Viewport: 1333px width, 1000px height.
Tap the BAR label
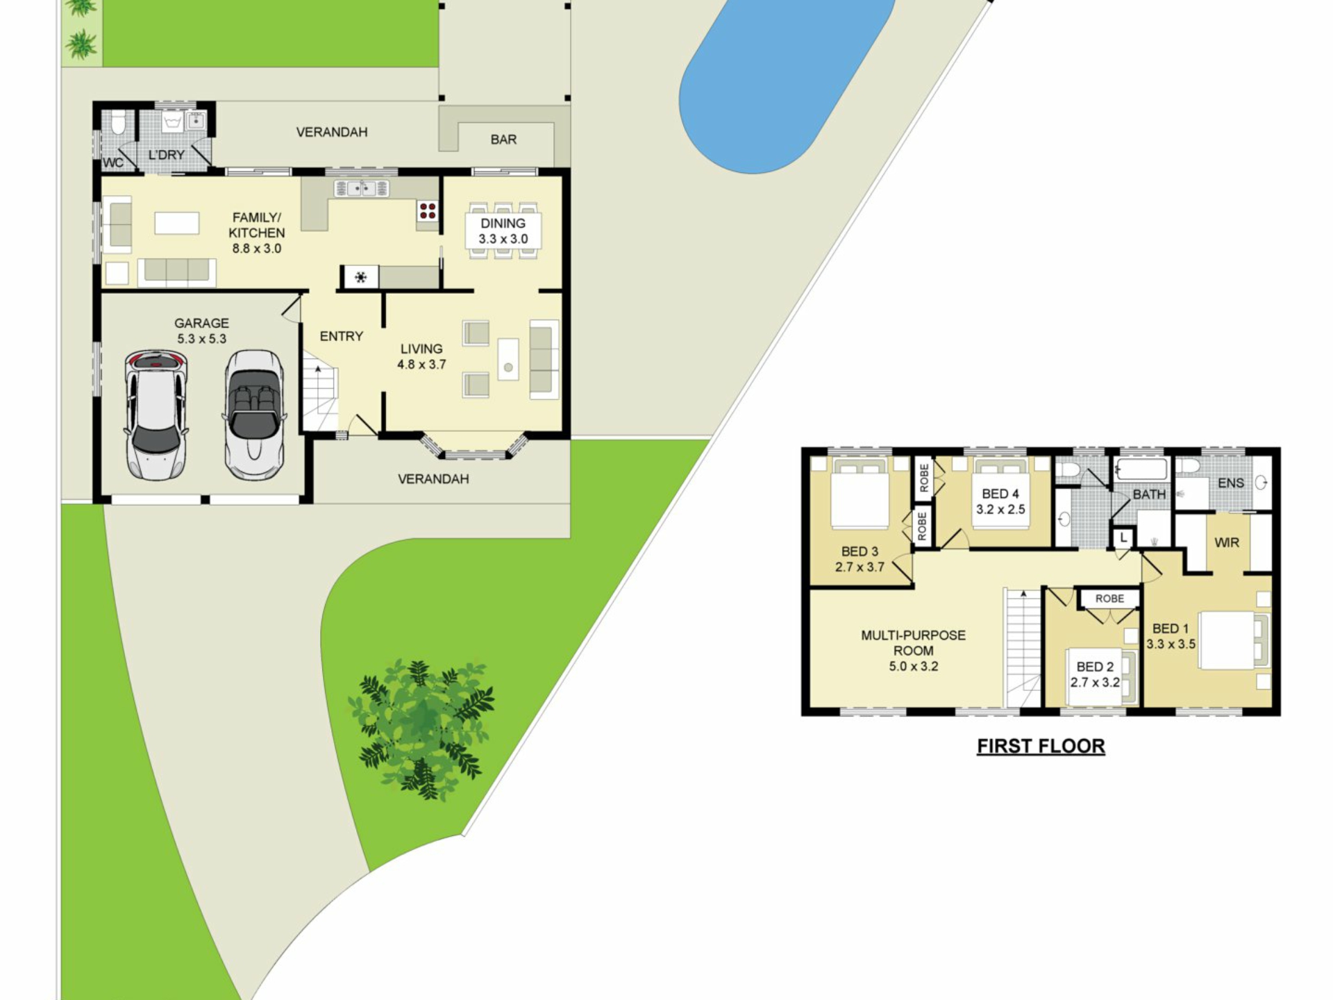pos(503,140)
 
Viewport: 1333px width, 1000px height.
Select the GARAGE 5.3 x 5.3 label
pos(201,331)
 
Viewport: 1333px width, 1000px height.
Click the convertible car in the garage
pos(254,415)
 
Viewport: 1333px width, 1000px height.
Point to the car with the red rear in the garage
pos(156,415)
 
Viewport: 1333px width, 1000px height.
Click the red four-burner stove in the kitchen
pos(428,210)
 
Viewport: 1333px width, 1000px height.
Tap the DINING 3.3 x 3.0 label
pos(503,231)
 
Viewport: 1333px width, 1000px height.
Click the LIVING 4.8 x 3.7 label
pos(421,356)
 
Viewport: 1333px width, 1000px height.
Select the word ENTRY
pos(342,336)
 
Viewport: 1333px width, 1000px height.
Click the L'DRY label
pos(167,155)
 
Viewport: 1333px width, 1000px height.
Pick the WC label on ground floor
pos(113,162)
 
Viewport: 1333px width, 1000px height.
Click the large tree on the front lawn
pos(421,729)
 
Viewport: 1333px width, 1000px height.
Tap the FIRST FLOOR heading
pos(1041,747)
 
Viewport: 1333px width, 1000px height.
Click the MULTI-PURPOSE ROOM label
pos(914,651)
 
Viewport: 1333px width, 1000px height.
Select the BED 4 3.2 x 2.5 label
pos(1000,501)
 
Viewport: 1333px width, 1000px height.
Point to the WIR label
pos(1227,542)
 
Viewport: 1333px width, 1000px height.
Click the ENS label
pos(1231,483)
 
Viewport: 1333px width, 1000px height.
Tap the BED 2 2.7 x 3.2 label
pos(1095,674)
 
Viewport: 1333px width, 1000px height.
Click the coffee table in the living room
pos(508,359)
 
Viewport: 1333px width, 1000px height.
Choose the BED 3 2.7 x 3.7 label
pos(860,559)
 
